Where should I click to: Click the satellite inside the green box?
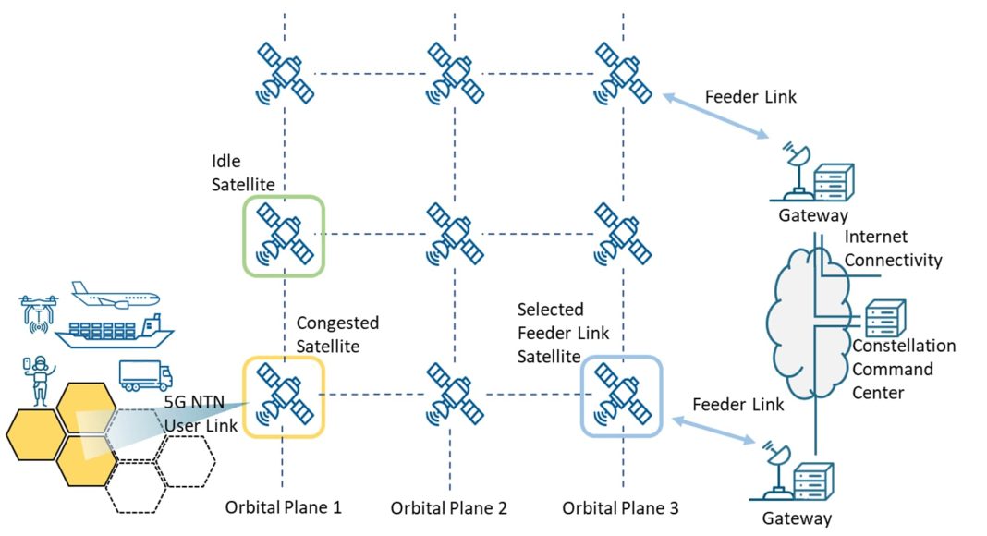284,235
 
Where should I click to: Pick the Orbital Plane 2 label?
448,507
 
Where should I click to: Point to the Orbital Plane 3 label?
620,506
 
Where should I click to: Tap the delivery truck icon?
145,375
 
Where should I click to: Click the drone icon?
38,311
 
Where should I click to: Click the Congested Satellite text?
336,335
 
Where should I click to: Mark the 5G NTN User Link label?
201,414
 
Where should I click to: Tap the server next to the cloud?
883,319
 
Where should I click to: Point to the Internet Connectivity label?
893,249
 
